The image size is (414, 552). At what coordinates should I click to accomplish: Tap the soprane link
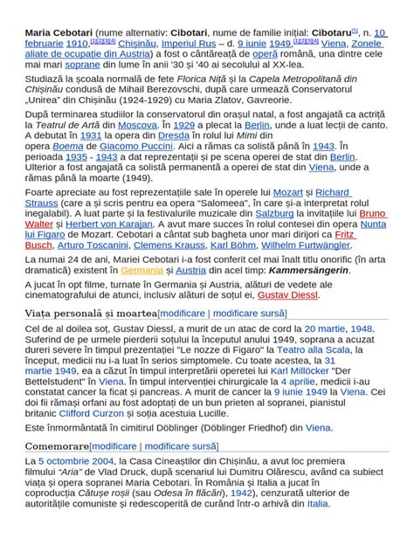click(x=83, y=64)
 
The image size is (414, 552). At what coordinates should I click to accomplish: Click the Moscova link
click(x=137, y=126)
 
